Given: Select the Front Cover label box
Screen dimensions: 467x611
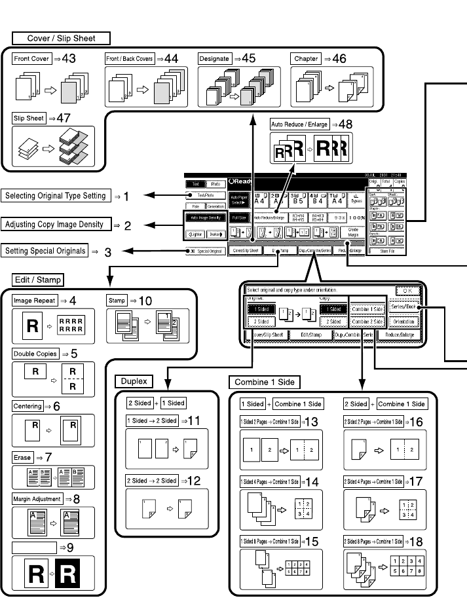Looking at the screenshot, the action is point(31,59).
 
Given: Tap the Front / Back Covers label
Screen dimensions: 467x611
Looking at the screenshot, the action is point(130,59).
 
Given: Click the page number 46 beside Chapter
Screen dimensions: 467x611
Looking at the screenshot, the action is point(339,59).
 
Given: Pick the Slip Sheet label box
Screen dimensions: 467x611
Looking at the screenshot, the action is point(28,119).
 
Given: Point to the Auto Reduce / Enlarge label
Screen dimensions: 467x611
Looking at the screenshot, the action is point(299,124).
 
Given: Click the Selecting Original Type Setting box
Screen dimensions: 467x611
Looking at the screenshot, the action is point(55,196).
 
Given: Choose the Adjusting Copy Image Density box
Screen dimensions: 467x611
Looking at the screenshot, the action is point(54,225).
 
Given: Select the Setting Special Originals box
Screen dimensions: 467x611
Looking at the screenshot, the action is point(45,251).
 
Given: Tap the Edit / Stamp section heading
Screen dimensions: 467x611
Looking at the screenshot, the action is point(38,280).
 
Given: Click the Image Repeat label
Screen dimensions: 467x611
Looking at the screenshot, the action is point(34,301).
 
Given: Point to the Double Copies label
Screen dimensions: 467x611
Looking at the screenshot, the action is point(35,354).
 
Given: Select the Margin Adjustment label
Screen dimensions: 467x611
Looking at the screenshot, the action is point(37,498).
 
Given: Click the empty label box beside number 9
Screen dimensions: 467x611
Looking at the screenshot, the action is point(34,545).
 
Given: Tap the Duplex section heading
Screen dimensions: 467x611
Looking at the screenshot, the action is point(134,380).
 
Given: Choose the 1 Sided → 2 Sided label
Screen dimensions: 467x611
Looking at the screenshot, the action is point(152,420).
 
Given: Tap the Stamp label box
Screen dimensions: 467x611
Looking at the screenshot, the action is point(116,301).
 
